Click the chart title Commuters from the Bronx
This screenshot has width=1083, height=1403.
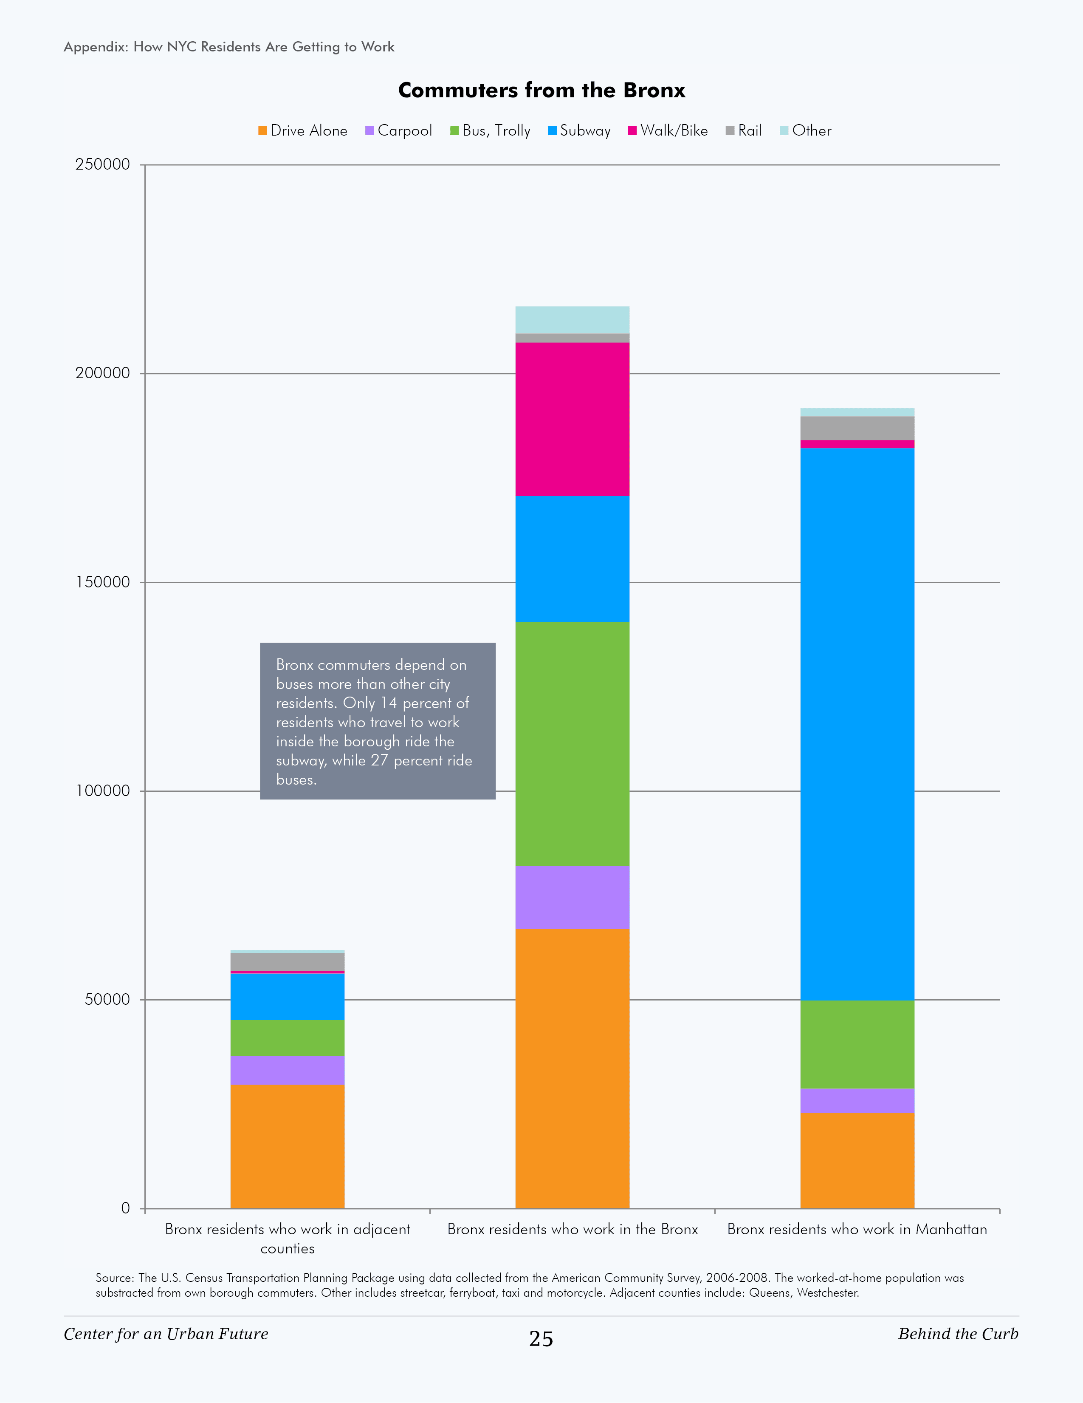tap(541, 91)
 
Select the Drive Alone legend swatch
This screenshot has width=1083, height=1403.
tap(262, 131)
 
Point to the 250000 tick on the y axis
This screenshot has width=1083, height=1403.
tap(103, 164)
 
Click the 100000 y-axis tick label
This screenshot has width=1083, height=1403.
tap(103, 791)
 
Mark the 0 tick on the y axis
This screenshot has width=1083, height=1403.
tap(125, 1208)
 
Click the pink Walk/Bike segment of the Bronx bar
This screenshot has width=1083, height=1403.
tap(572, 419)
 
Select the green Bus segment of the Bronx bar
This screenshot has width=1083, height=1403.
tap(572, 743)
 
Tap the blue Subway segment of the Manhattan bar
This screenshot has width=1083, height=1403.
tap(857, 723)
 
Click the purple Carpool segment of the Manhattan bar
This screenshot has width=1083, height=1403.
tap(857, 1100)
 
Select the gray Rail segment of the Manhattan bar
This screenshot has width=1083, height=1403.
tap(857, 428)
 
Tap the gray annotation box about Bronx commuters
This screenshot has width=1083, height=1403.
tap(378, 721)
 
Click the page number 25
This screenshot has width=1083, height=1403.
tap(541, 1339)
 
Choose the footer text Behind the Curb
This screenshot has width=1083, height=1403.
tap(958, 1334)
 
